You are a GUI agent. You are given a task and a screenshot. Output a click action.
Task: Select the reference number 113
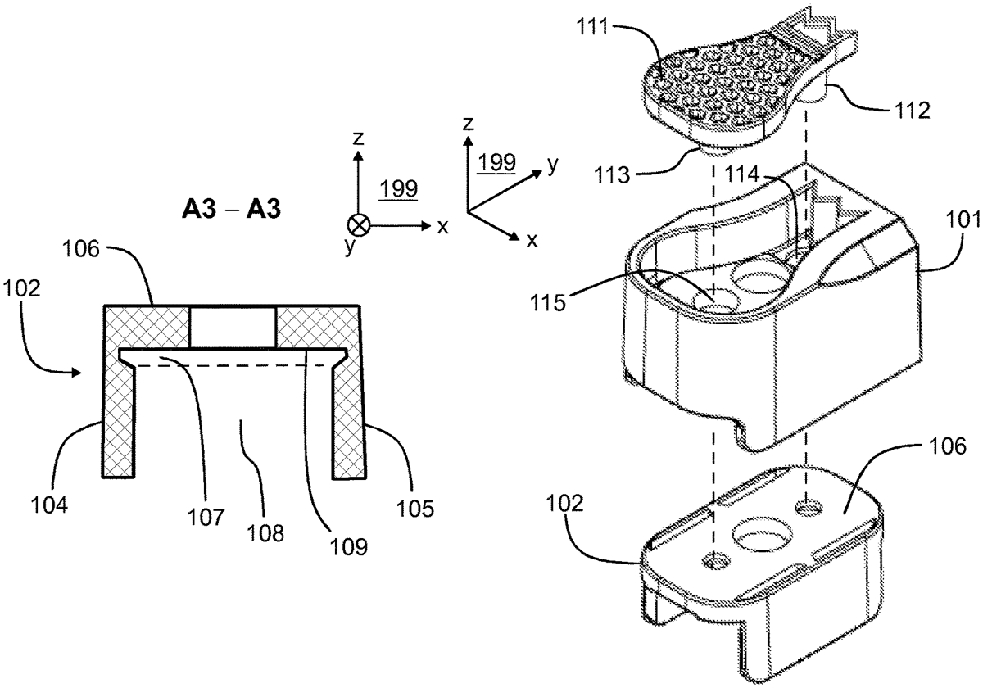tap(612, 175)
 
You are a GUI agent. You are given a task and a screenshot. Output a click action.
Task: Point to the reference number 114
tap(741, 174)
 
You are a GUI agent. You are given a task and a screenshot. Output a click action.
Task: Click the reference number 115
tap(548, 303)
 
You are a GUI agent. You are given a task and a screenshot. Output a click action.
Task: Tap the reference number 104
tap(49, 505)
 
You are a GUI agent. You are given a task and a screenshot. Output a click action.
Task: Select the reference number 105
tap(415, 509)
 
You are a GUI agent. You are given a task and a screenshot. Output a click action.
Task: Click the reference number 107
tap(206, 518)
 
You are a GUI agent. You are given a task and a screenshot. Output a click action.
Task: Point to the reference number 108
tap(265, 533)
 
